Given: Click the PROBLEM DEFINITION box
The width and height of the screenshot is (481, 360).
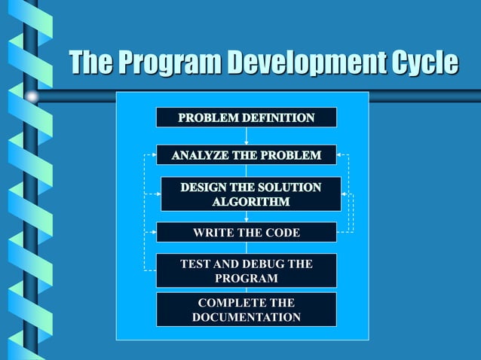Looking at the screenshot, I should (x=246, y=117).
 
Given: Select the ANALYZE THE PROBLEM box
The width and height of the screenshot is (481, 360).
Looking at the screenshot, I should (x=246, y=155).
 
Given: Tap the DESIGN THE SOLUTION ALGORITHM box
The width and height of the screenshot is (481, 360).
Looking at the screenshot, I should (x=250, y=194).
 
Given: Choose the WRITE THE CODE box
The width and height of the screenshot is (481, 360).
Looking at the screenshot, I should (x=246, y=232).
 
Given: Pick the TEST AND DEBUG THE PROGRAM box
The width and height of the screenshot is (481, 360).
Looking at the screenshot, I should (x=246, y=270).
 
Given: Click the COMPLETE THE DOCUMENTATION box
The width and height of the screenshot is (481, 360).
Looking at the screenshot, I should (x=246, y=309).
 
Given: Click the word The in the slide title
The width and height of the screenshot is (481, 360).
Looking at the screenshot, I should (x=90, y=63).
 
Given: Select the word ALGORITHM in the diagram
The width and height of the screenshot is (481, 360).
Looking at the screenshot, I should (x=250, y=202).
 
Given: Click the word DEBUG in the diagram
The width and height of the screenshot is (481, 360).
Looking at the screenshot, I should (x=256, y=264).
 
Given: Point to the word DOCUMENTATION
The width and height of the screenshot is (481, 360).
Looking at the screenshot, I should (x=246, y=317).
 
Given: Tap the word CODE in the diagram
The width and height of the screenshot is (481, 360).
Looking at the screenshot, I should (x=282, y=232).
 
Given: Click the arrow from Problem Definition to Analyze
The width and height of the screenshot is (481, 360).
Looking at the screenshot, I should (x=247, y=136).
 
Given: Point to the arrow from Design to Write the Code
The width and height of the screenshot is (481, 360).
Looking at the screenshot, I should (x=247, y=216).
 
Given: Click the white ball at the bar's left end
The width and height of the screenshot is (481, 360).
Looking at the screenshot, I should (x=32, y=96).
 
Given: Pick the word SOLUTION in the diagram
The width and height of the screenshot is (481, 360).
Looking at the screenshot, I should (x=290, y=187).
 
